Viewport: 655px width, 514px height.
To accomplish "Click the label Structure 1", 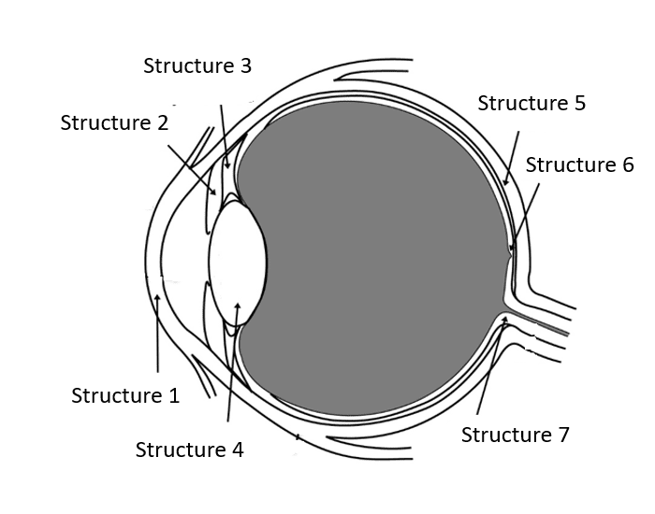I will click(125, 396).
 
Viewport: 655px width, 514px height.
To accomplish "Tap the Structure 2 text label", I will click(114, 123).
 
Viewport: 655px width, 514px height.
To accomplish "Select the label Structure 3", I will click(197, 66).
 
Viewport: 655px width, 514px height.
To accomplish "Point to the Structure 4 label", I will click(189, 450).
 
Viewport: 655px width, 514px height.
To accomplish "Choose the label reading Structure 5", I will click(531, 104).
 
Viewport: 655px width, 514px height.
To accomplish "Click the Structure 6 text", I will click(579, 165).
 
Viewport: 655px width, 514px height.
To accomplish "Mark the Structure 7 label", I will click(515, 435).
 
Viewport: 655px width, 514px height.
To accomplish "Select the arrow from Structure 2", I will click(193, 169).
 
